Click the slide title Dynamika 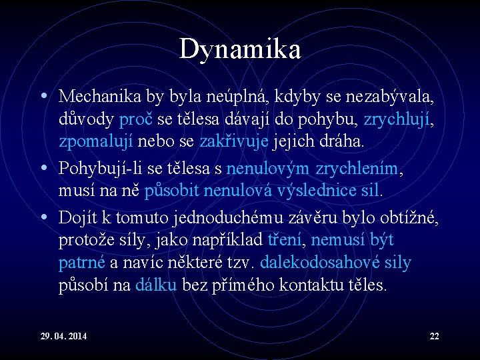click(240, 49)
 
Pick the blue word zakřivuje click(231, 142)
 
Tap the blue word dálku click(156, 285)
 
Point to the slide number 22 click(434, 335)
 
